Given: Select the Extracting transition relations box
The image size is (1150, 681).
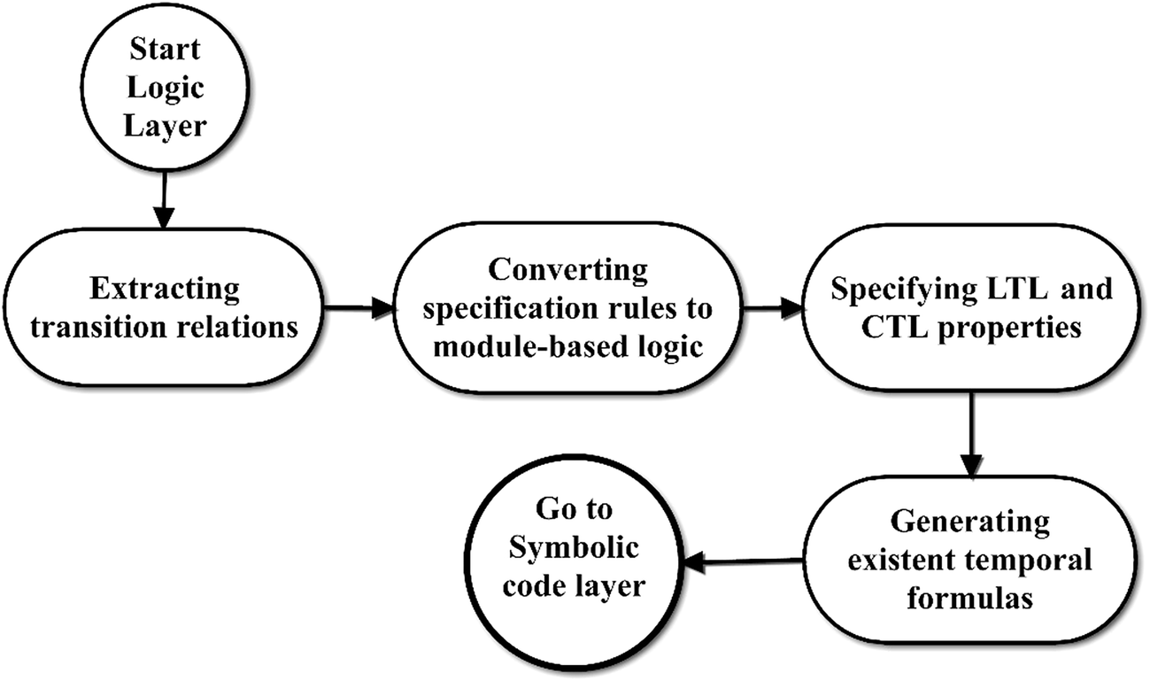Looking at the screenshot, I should [x=166, y=309].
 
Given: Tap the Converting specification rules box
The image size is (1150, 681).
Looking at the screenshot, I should [x=567, y=309].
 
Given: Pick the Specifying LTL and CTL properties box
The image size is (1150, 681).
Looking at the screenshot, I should [x=971, y=309].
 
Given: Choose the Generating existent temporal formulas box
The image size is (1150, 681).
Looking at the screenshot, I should [x=970, y=559].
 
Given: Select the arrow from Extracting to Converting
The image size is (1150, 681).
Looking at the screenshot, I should [x=359, y=309].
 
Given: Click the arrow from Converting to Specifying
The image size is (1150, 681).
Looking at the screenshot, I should [x=770, y=309].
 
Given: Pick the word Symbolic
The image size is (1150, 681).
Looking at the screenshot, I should [x=575, y=549].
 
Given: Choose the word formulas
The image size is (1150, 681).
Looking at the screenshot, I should [x=970, y=598].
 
